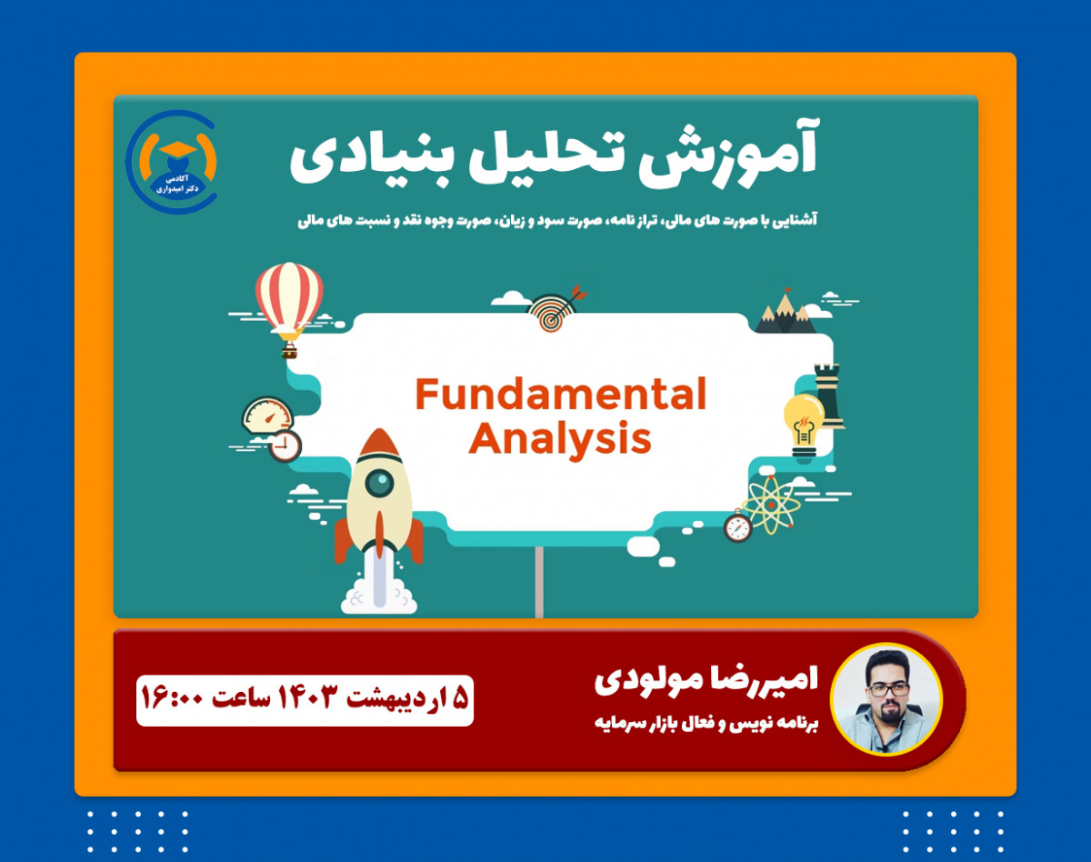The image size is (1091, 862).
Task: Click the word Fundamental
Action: click(560, 396)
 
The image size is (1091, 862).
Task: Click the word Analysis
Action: click(560, 440)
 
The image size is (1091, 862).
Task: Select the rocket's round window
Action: click(379, 482)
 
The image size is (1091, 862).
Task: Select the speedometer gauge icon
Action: click(267, 416)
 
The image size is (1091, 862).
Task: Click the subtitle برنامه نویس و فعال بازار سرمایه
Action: click(706, 726)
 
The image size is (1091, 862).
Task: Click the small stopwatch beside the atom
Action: click(738, 527)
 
